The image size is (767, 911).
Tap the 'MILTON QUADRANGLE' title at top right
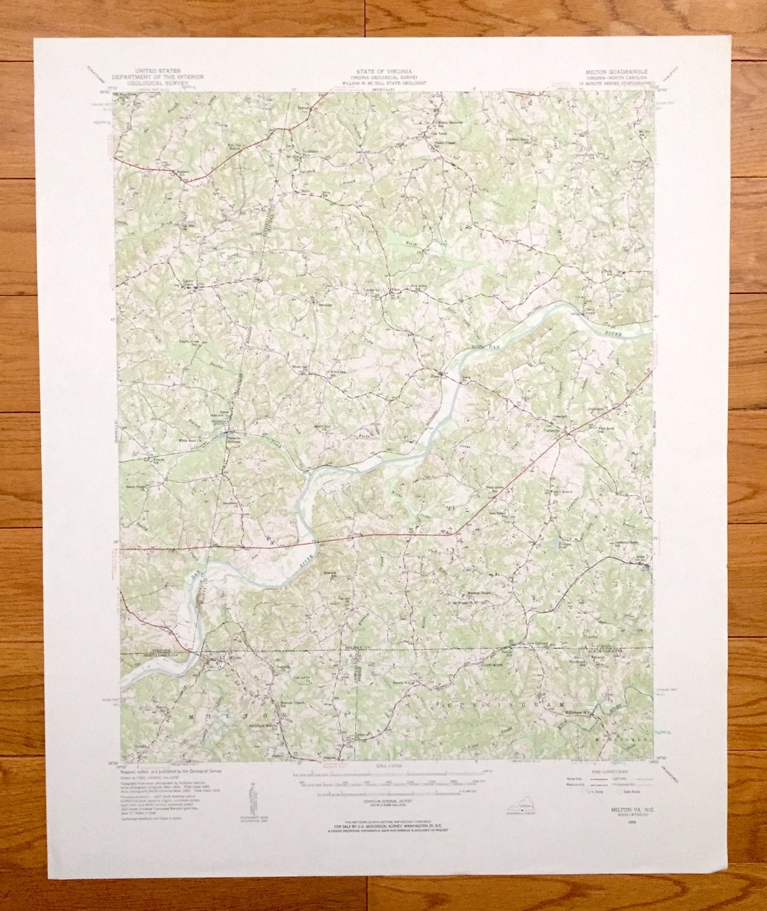tap(616, 72)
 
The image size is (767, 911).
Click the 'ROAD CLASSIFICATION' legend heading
tap(610, 770)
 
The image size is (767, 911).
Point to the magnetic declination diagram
tap(253, 799)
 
